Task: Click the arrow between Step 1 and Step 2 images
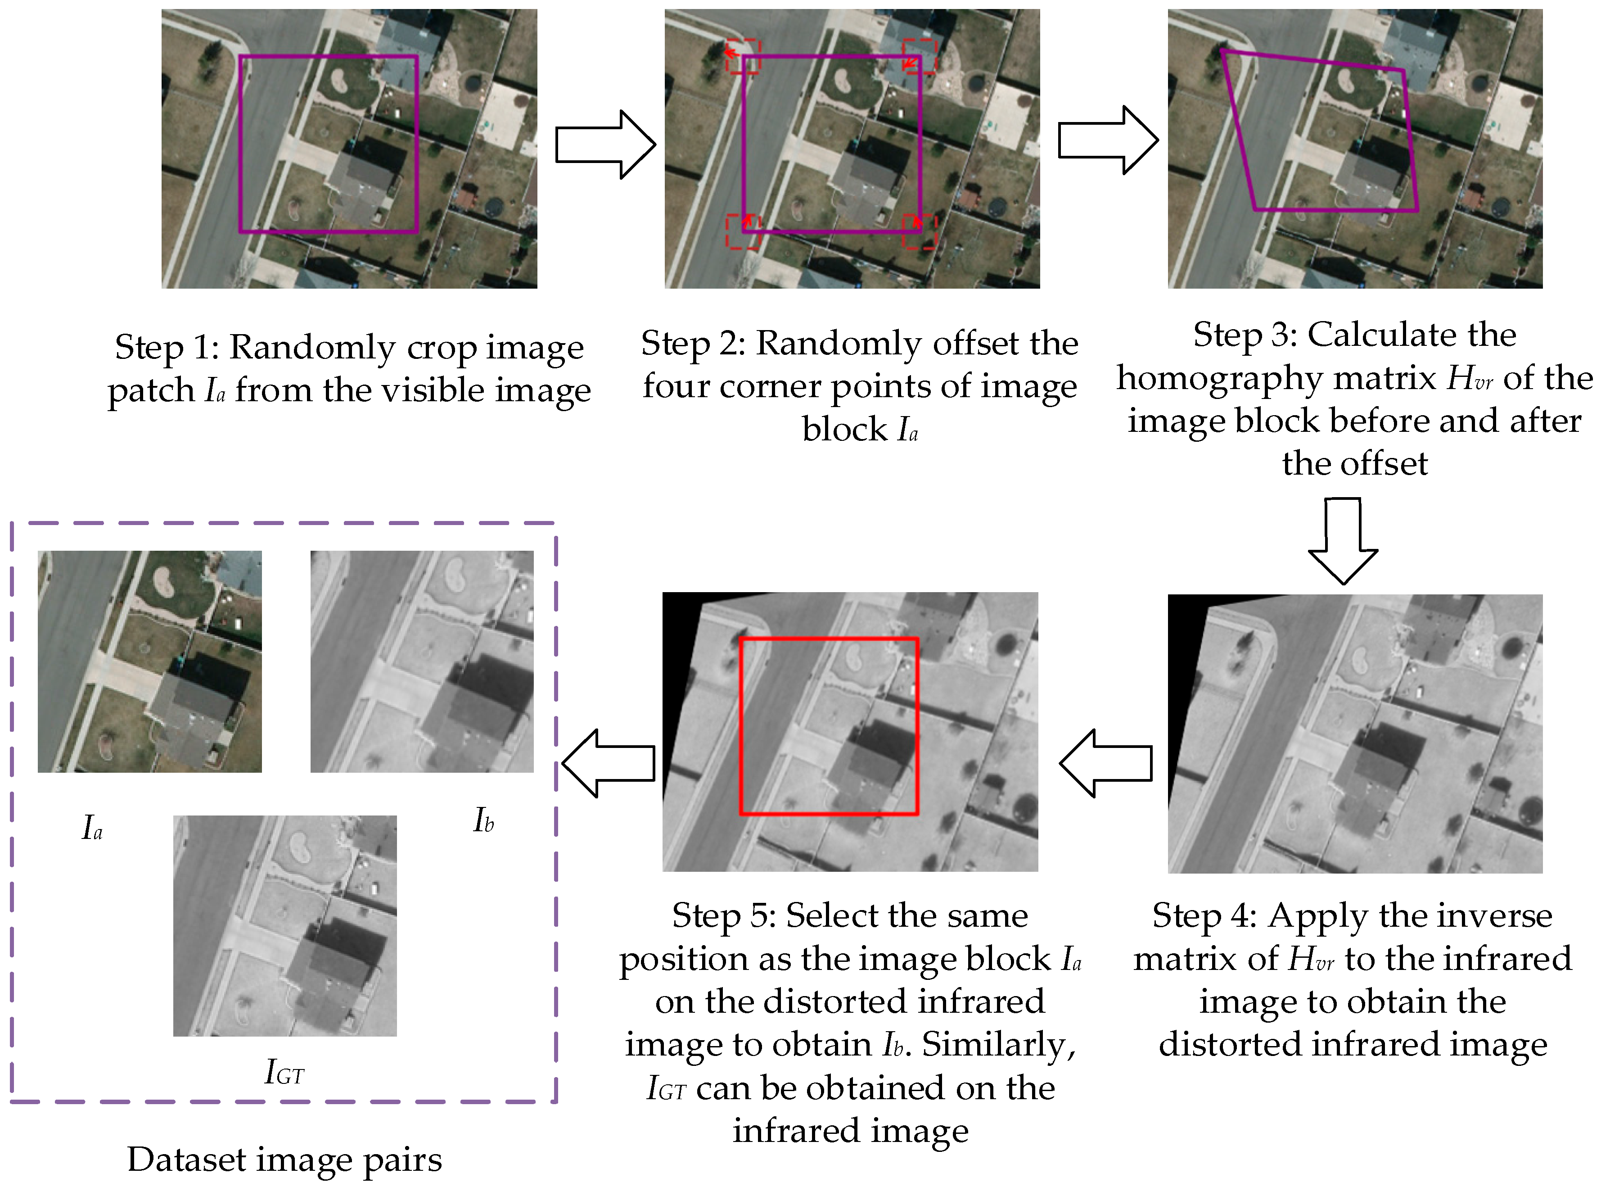pos(605,145)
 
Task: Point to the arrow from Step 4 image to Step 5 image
pos(1106,763)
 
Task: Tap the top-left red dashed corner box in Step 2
pos(742,56)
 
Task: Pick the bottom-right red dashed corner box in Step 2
pos(920,231)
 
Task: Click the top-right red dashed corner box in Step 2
pos(920,56)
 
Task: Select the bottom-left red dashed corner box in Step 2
pos(742,231)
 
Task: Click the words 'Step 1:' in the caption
pos(167,348)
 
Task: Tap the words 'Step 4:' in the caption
pos(1204,916)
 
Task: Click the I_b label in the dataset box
pos(483,820)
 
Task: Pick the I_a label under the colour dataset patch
pos(92,828)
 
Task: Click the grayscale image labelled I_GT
pos(284,925)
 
